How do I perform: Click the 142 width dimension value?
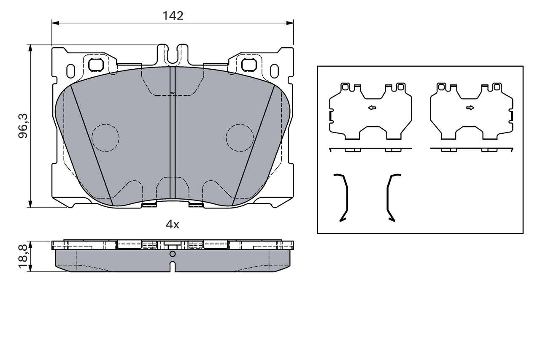click(173, 16)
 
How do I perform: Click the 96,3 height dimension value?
click(24, 126)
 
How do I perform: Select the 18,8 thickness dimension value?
click(24, 256)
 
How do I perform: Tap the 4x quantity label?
click(172, 225)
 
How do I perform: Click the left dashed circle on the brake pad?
click(105, 138)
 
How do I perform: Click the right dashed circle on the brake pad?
click(240, 138)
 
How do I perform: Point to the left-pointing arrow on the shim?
click(372, 108)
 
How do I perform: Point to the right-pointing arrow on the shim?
click(470, 108)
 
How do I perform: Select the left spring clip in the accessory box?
click(343, 197)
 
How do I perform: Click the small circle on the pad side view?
click(172, 254)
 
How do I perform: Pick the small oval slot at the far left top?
click(71, 70)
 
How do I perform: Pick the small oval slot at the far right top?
click(274, 70)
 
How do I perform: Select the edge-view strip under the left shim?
click(370, 149)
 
